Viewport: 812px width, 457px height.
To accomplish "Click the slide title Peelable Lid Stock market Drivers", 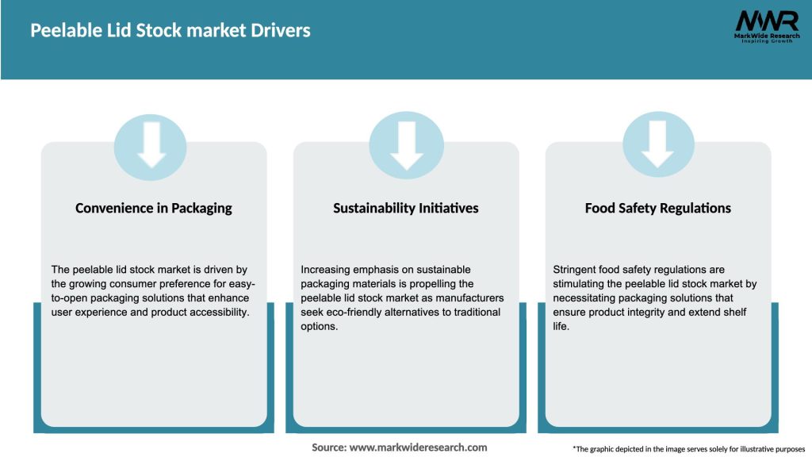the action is click(x=170, y=31).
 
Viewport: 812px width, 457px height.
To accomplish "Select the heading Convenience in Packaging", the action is click(x=154, y=208).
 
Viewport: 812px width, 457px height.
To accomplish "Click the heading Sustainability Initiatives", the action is click(x=405, y=208).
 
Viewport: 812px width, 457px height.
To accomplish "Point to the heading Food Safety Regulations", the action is click(x=657, y=208).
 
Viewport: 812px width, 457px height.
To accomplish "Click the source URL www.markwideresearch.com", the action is click(x=418, y=447).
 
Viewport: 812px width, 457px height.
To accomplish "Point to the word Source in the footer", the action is click(x=328, y=447).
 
